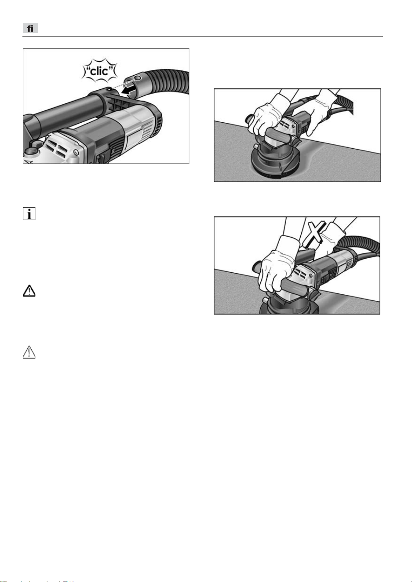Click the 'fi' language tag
[30, 28]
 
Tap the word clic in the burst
[99, 71]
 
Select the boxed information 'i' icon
[29, 213]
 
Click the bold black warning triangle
[29, 291]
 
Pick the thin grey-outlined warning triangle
[29, 352]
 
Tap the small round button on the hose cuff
[139, 78]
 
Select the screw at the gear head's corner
[76, 151]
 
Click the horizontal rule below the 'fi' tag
[203, 37]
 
